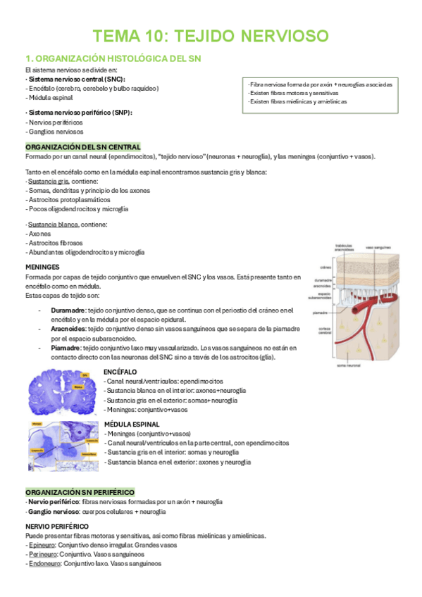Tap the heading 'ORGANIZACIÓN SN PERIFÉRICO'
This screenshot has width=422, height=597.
tap(79, 491)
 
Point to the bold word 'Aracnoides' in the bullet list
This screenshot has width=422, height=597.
tap(69, 328)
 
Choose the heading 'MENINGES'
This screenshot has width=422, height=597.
tap(42, 268)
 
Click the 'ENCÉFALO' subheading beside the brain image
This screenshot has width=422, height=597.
tap(120, 371)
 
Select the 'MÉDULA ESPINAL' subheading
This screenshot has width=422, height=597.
tap(132, 425)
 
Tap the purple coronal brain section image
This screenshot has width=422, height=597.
tap(62, 392)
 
